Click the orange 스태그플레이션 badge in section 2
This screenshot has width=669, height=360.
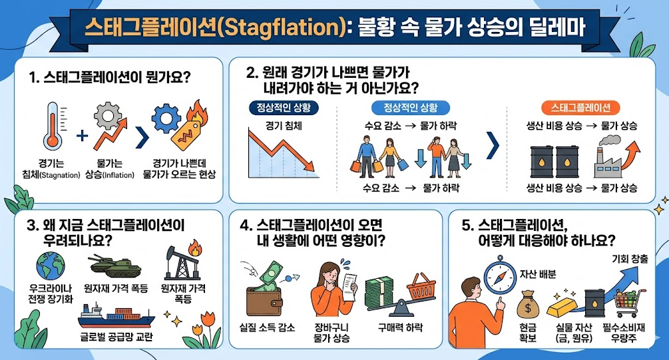(580, 108)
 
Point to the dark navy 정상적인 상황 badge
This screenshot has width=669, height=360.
(284, 108)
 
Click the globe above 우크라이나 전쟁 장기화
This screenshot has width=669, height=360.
(51, 266)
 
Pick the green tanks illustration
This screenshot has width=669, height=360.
(114, 266)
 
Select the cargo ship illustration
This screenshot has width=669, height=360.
(116, 315)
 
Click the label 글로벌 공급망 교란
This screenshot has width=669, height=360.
(116, 337)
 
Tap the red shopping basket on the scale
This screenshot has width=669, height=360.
(421, 286)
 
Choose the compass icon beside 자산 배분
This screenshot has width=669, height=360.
(500, 275)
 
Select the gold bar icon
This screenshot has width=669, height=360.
(560, 306)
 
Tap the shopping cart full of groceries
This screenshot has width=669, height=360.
(629, 303)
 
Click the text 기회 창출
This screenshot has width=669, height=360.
(630, 258)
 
